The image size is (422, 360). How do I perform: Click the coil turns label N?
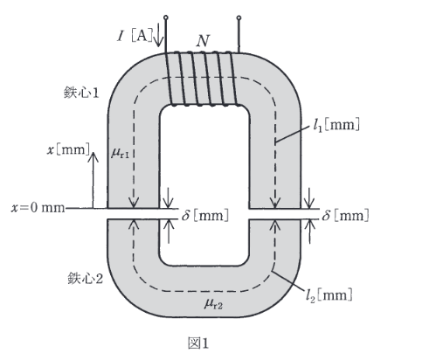tap(203, 41)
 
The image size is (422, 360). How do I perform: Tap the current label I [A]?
tap(135, 36)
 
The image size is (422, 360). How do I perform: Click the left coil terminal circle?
tap(166, 17)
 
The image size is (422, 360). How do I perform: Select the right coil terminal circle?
tap(239, 17)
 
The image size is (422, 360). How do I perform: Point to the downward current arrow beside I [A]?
tap(158, 34)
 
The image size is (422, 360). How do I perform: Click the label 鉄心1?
tap(81, 93)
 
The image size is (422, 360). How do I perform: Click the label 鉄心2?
tap(86, 278)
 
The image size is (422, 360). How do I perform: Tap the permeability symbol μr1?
tap(120, 153)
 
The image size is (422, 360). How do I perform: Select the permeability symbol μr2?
tap(213, 304)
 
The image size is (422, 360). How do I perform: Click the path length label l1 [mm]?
tap(336, 125)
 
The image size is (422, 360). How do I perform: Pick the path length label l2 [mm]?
tap(329, 295)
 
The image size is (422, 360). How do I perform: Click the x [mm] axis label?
tap(69, 150)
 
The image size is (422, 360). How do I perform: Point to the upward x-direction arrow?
tap(93, 180)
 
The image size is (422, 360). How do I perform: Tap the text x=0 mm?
tap(38, 208)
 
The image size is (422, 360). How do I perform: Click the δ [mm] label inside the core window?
tap(205, 216)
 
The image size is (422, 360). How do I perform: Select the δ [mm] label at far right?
tap(345, 216)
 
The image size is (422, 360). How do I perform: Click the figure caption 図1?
tap(198, 343)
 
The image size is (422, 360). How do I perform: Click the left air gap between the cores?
tap(134, 214)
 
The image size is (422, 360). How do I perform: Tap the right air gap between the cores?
tap(274, 214)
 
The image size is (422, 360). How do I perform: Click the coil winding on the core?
tap(203, 79)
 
